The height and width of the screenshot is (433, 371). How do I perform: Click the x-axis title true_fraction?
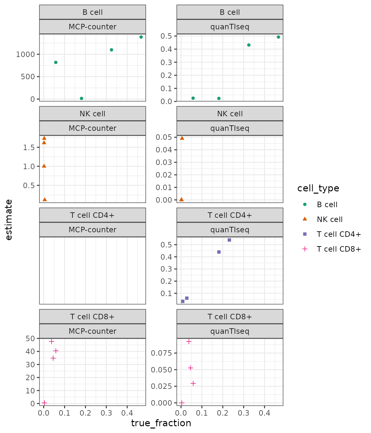coord(161,423)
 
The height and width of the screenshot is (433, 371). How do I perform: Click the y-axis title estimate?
coord(9,220)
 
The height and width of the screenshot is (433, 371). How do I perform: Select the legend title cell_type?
coord(318,188)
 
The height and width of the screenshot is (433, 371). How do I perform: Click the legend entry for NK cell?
coord(329,219)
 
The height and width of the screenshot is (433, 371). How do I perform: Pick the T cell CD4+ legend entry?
coord(338,234)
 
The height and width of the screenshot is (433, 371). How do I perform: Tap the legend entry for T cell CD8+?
coord(338,249)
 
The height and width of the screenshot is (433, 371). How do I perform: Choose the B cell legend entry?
coord(327,205)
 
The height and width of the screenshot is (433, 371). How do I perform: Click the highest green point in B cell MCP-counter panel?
coord(141,37)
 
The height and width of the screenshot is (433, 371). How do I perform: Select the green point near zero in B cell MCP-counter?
coord(81,99)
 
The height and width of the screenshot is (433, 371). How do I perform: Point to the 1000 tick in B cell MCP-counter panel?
coord(25,54)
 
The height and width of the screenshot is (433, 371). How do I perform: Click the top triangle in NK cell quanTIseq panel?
coord(182,138)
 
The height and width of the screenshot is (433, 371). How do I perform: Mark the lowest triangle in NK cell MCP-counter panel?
coord(45,199)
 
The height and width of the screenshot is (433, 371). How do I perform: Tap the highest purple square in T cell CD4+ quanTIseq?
coord(229,240)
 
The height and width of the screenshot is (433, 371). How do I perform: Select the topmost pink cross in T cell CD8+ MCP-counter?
coord(52,342)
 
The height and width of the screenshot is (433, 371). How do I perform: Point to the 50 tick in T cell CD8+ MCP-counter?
coord(30,339)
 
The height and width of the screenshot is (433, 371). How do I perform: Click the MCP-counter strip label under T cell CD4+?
coord(92,230)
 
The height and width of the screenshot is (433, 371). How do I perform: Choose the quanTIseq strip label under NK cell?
coord(230,128)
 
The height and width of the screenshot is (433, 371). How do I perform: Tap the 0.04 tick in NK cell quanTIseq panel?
coord(164,150)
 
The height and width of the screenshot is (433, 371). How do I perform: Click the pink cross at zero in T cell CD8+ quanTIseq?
coord(182,403)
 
